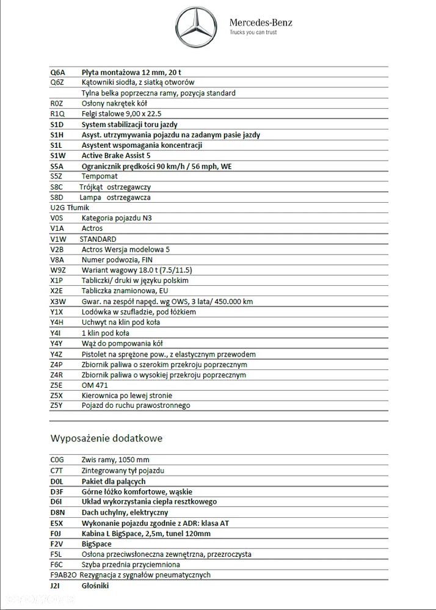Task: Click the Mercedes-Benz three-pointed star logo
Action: (x=197, y=27)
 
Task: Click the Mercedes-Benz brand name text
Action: (x=261, y=23)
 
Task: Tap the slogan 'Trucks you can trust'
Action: (x=253, y=32)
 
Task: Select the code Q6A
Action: (x=58, y=72)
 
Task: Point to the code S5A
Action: (x=57, y=166)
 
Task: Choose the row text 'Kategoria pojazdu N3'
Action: (x=117, y=218)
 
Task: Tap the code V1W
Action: (x=59, y=239)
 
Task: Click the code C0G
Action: (x=57, y=460)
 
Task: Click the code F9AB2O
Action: (x=63, y=575)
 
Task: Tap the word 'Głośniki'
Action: (x=95, y=585)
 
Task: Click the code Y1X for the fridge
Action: (x=57, y=312)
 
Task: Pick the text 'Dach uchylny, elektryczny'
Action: (x=125, y=512)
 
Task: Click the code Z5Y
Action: (x=57, y=405)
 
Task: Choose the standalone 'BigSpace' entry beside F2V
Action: (x=96, y=543)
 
